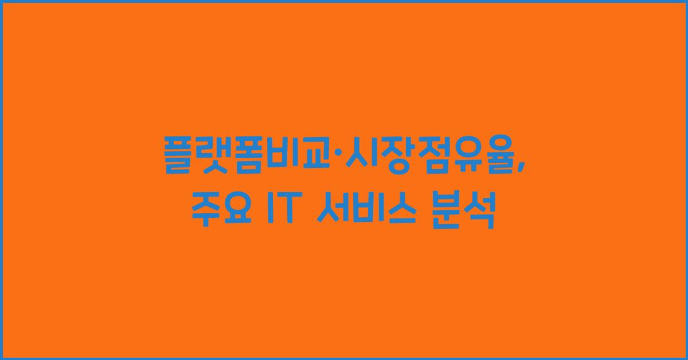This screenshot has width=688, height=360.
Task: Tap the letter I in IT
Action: pos(268,211)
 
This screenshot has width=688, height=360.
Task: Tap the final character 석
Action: pos(479,211)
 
